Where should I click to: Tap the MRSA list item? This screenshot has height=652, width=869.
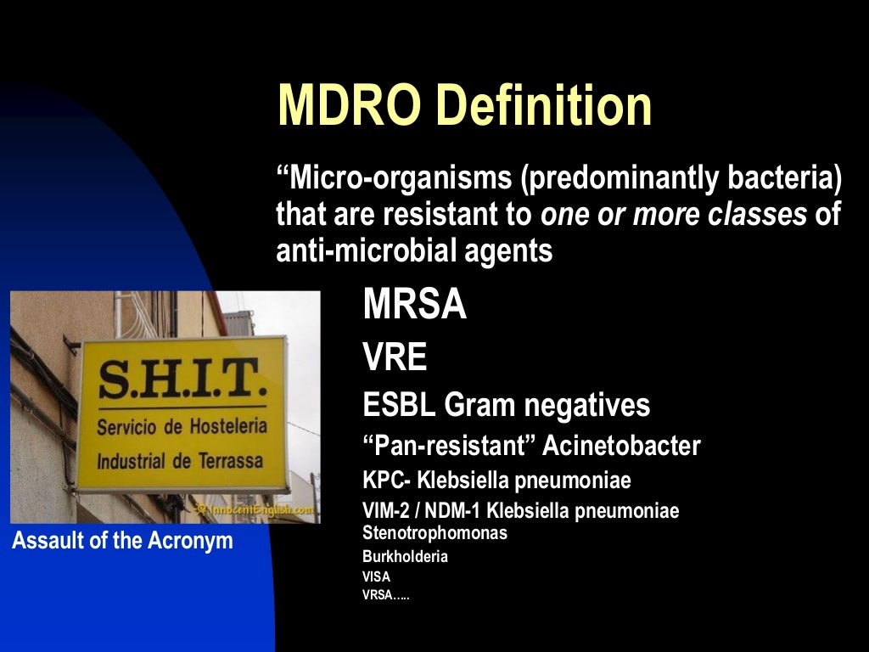[414, 305]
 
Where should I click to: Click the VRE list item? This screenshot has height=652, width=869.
[395, 358]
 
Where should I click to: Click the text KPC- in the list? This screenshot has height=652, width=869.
[387, 481]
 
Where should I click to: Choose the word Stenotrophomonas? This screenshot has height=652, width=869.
[434, 534]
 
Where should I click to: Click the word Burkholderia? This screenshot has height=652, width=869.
[405, 557]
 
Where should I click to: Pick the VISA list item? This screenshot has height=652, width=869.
[376, 576]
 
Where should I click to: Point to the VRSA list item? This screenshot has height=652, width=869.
[385, 595]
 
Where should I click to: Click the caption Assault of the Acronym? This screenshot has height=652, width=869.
[122, 541]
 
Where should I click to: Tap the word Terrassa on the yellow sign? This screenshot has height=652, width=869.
[228, 462]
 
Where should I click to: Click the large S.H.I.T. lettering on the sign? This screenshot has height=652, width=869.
[181, 381]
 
